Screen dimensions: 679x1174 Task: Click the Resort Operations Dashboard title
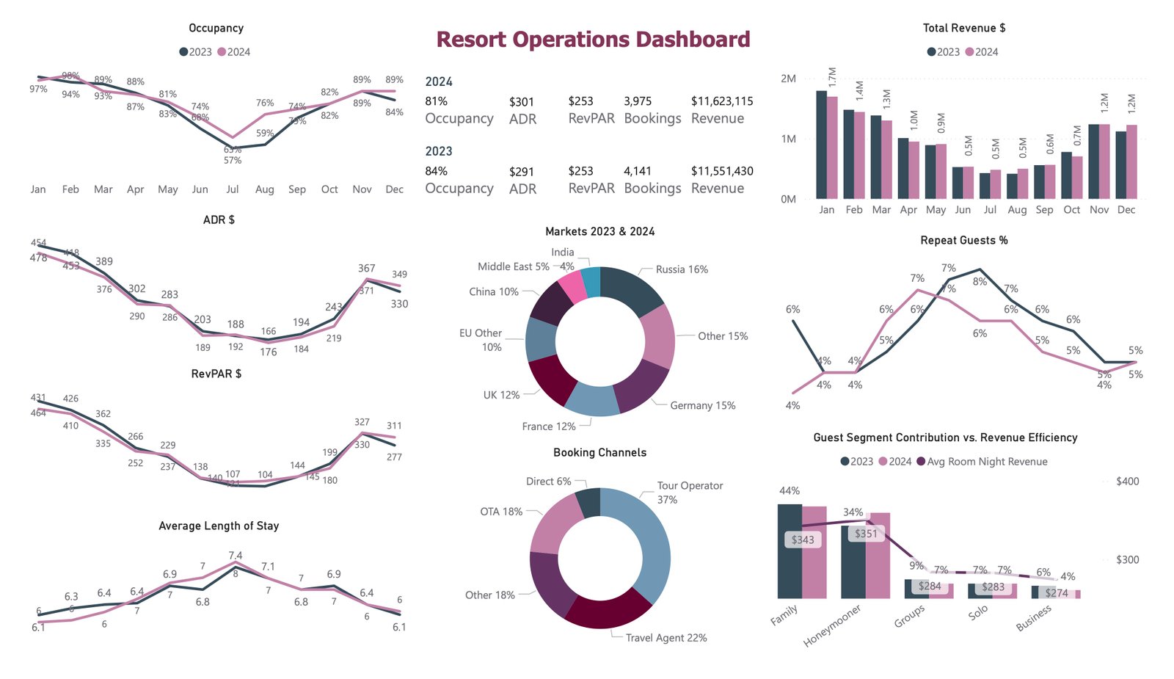593,40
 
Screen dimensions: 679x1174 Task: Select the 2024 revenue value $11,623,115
721,101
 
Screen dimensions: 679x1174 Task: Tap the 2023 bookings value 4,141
637,171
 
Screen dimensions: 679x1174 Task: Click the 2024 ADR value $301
521,102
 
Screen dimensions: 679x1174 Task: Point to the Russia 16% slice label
682,269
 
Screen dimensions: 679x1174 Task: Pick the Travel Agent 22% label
666,638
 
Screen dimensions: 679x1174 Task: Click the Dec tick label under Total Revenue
1126,210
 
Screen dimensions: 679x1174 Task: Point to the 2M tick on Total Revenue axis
788,79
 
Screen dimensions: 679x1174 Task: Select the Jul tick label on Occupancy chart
233,189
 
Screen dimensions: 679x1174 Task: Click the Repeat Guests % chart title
963,241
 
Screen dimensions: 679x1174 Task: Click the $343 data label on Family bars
803,540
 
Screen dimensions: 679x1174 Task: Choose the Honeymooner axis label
832,626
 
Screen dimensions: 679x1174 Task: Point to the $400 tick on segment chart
1127,482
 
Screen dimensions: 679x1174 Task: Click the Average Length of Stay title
219,526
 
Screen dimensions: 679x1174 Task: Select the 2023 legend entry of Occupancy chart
196,52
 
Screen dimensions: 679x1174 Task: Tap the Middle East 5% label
513,266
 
